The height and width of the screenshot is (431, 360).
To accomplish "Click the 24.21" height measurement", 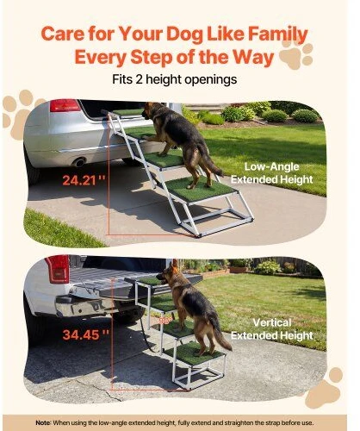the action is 84,180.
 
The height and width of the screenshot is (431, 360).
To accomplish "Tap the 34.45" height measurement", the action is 86,334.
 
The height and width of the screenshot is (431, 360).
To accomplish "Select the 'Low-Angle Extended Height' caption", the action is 271,173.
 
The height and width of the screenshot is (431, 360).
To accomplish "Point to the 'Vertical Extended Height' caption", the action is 272,329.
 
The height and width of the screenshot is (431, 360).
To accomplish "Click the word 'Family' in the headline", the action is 277,34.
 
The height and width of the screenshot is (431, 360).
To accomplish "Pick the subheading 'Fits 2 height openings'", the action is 175,79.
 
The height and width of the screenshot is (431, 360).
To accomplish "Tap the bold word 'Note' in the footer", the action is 43,422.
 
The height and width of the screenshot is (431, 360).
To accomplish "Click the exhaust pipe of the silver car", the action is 78,162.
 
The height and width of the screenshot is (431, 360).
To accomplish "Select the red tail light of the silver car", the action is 65,105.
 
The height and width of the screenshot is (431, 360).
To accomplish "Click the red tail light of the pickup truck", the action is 59,269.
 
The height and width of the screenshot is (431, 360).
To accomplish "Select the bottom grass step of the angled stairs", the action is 202,190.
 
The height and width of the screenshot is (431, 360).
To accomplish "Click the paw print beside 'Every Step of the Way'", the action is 295,54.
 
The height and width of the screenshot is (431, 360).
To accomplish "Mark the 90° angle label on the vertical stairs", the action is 165,321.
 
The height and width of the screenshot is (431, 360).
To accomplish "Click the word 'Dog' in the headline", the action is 185,34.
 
